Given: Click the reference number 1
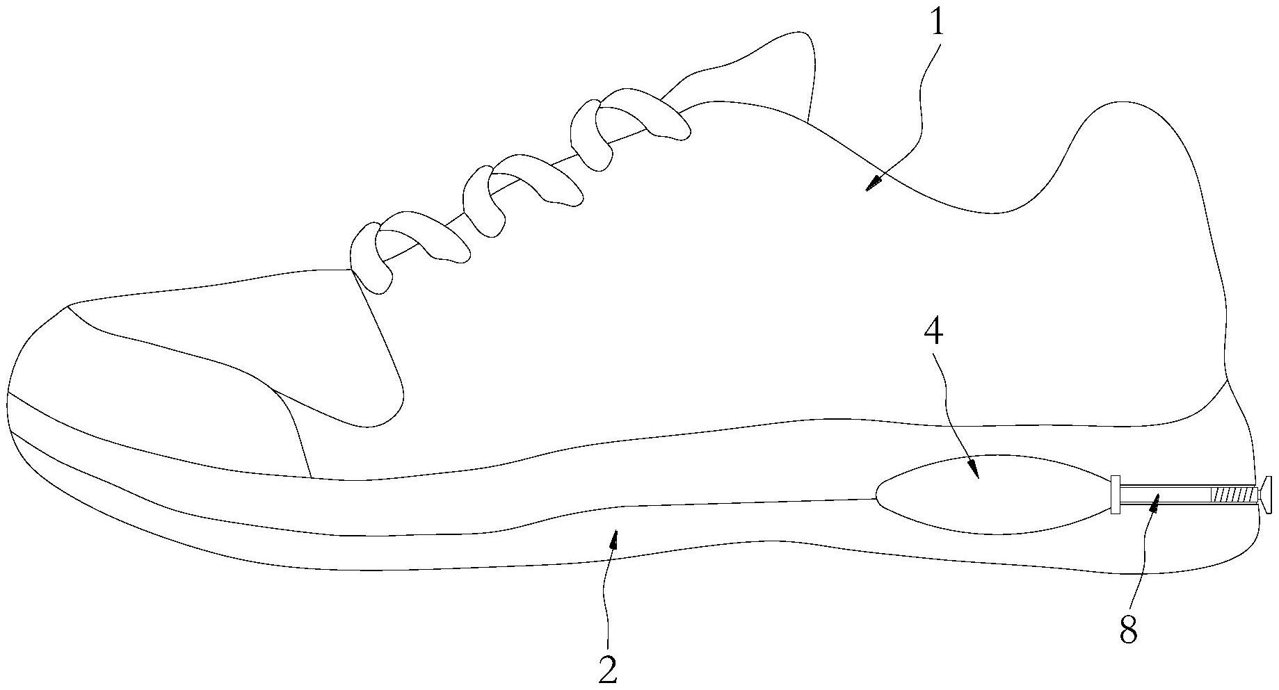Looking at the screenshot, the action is (x=938, y=25).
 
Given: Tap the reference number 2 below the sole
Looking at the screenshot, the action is (x=608, y=669).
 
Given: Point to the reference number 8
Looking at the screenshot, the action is (x=1128, y=632).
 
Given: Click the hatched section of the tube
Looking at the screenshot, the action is (x=1232, y=495).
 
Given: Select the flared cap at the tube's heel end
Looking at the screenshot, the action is (x=1266, y=495).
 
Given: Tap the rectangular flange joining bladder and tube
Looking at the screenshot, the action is (x=1115, y=495).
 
